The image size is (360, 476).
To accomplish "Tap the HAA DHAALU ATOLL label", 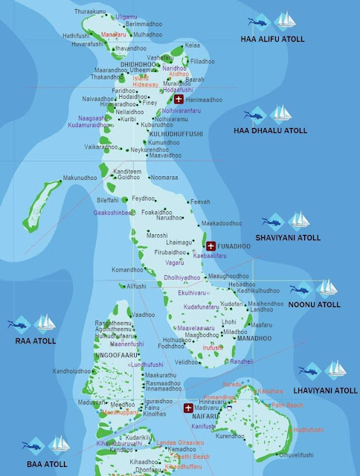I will (280, 131).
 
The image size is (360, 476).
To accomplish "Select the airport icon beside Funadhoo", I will (210, 246).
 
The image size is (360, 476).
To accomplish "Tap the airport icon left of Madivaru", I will (189, 408).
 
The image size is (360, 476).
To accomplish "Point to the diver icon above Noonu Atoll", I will (299, 288).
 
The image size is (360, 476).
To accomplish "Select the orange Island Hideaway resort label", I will (145, 81).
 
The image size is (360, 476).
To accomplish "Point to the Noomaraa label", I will (164, 178).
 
